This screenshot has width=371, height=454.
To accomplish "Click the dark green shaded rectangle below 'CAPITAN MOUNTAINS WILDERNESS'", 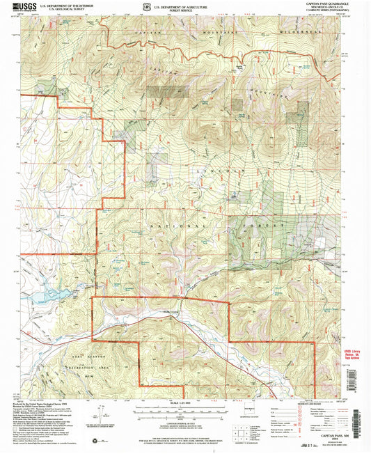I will click(162, 92).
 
